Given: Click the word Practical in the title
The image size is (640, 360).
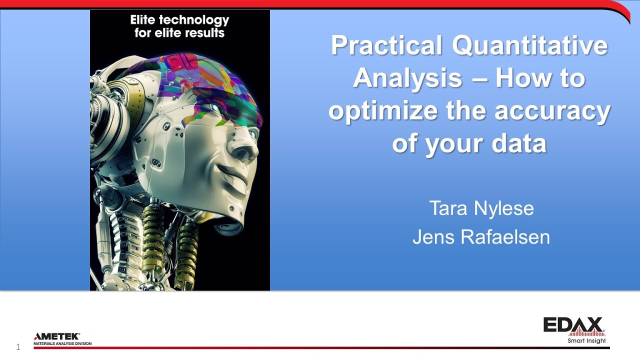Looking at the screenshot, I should (x=386, y=46).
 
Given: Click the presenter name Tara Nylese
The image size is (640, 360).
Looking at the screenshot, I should (x=481, y=208).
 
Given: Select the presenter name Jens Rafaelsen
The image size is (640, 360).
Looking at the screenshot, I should (x=481, y=237).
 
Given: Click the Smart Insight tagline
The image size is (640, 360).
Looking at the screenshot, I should (x=586, y=341).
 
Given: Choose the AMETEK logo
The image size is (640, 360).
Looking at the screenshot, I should (x=56, y=336).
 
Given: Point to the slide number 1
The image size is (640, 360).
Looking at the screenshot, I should (x=18, y=347).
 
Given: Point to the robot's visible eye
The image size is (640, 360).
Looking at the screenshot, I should (x=215, y=107).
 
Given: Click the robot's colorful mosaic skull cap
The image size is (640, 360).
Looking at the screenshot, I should (x=200, y=80).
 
